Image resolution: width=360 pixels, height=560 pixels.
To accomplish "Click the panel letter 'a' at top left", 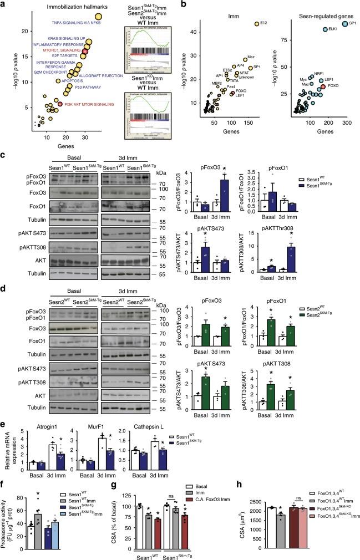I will click(x=4, y=4).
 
